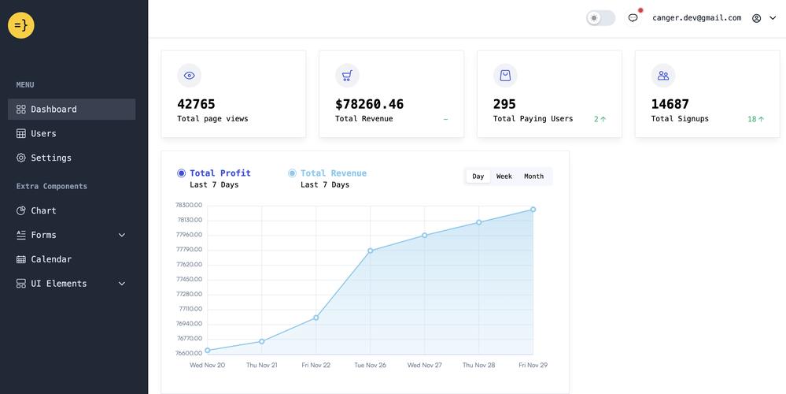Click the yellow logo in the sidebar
21,25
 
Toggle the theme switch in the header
600,18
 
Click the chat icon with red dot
633,18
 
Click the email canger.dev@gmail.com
697,18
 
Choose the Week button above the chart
504,177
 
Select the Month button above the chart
534,177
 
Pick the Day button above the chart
478,177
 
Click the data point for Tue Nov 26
371,251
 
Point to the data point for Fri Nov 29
533,210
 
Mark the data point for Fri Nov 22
316,318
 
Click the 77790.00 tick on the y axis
189,250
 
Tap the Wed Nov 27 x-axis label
425,365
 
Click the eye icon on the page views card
189,76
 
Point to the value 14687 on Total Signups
670,104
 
